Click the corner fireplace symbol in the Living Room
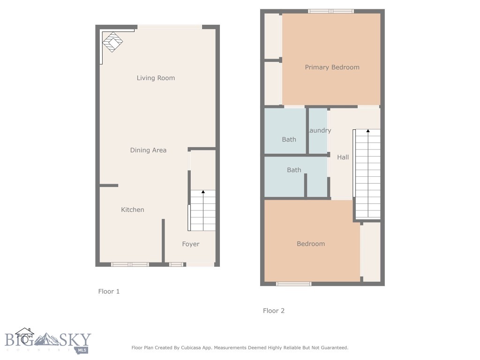[x=112, y=42]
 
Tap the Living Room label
[x=156, y=78]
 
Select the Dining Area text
[x=148, y=150]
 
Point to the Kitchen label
[x=133, y=210]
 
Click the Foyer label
[x=191, y=244]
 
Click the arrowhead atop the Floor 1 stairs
[x=203, y=192]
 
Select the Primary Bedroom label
[x=332, y=67]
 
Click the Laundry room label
[x=319, y=130]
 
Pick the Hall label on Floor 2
[x=343, y=157]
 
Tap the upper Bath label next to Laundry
[x=289, y=139]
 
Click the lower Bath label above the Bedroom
[x=294, y=170]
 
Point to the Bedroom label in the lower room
[x=310, y=244]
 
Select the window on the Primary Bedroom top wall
[x=331, y=11]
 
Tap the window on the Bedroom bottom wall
[x=293, y=284]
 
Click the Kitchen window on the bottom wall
[x=130, y=264]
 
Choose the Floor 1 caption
[x=109, y=291]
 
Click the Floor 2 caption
[x=273, y=310]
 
